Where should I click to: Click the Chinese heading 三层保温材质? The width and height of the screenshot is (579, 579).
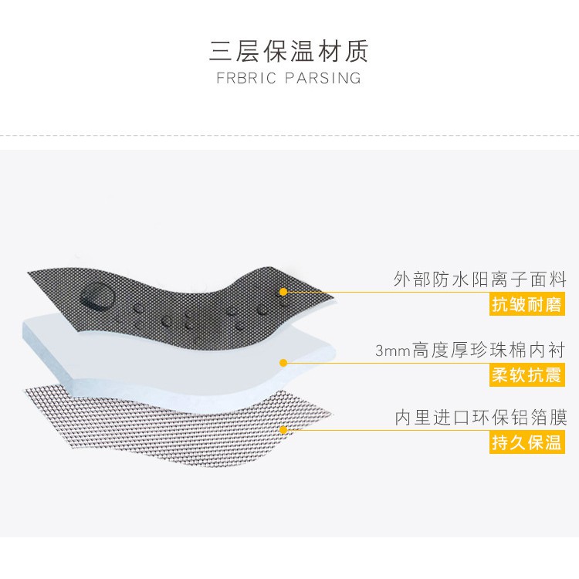pos(289,51)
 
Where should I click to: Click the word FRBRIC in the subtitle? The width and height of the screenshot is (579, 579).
pos(246,78)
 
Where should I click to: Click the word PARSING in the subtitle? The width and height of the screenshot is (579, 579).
pos(323,78)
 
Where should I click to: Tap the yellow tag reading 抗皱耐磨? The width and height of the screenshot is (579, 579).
pos(527,304)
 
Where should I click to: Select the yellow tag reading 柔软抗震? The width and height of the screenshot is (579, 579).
pos(527,375)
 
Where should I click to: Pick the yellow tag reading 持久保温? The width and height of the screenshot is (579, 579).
pos(527,442)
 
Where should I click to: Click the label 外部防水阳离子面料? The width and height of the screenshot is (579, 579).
pos(479,279)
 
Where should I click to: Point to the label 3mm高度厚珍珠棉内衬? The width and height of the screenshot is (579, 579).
pos(470,350)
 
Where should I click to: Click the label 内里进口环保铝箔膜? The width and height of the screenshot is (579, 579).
pos(481,418)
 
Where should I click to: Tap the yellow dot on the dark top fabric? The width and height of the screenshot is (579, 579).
pos(283,292)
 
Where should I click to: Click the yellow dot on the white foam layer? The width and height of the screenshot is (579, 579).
pos(283,363)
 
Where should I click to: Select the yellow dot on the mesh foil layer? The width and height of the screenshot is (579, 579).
pos(283,430)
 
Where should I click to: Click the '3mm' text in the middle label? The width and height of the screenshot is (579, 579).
pos(392,350)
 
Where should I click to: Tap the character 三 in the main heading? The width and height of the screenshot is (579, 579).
pos(221,51)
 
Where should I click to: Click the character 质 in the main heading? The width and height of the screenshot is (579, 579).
pos(357,51)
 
